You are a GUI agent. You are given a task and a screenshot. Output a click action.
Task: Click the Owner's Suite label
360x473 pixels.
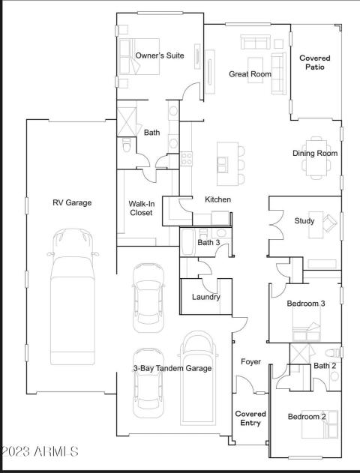160,55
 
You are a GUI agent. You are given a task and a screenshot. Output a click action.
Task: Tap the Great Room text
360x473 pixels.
250,74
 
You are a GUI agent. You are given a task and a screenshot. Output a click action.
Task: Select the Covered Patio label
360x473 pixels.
315,62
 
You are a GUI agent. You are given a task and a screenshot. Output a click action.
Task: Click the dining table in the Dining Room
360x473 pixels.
316,157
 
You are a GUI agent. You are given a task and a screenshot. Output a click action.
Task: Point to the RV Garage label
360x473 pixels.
72,202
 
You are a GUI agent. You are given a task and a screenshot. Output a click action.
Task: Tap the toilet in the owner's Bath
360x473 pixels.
126,145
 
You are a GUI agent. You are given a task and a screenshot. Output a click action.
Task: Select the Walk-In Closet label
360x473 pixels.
141,208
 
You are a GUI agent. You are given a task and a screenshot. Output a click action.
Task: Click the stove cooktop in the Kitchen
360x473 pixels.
186,158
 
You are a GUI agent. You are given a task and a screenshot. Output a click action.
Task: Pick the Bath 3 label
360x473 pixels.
208,243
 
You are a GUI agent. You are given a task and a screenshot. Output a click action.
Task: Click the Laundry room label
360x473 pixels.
206,297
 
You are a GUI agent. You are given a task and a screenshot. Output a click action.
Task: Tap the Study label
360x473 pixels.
304,221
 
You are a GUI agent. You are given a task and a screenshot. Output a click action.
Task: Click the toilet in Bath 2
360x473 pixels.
332,352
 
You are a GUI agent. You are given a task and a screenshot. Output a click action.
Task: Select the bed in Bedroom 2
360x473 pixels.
319,424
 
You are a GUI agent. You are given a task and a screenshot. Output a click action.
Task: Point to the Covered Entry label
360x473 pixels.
250,418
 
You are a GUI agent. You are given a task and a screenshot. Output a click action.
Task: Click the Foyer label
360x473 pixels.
250,361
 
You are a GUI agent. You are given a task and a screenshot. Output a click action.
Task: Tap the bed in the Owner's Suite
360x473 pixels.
139,56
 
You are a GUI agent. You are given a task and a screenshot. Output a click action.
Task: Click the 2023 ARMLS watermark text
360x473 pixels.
39,451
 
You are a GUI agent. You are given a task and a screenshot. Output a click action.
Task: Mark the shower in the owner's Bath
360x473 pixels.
127,121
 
